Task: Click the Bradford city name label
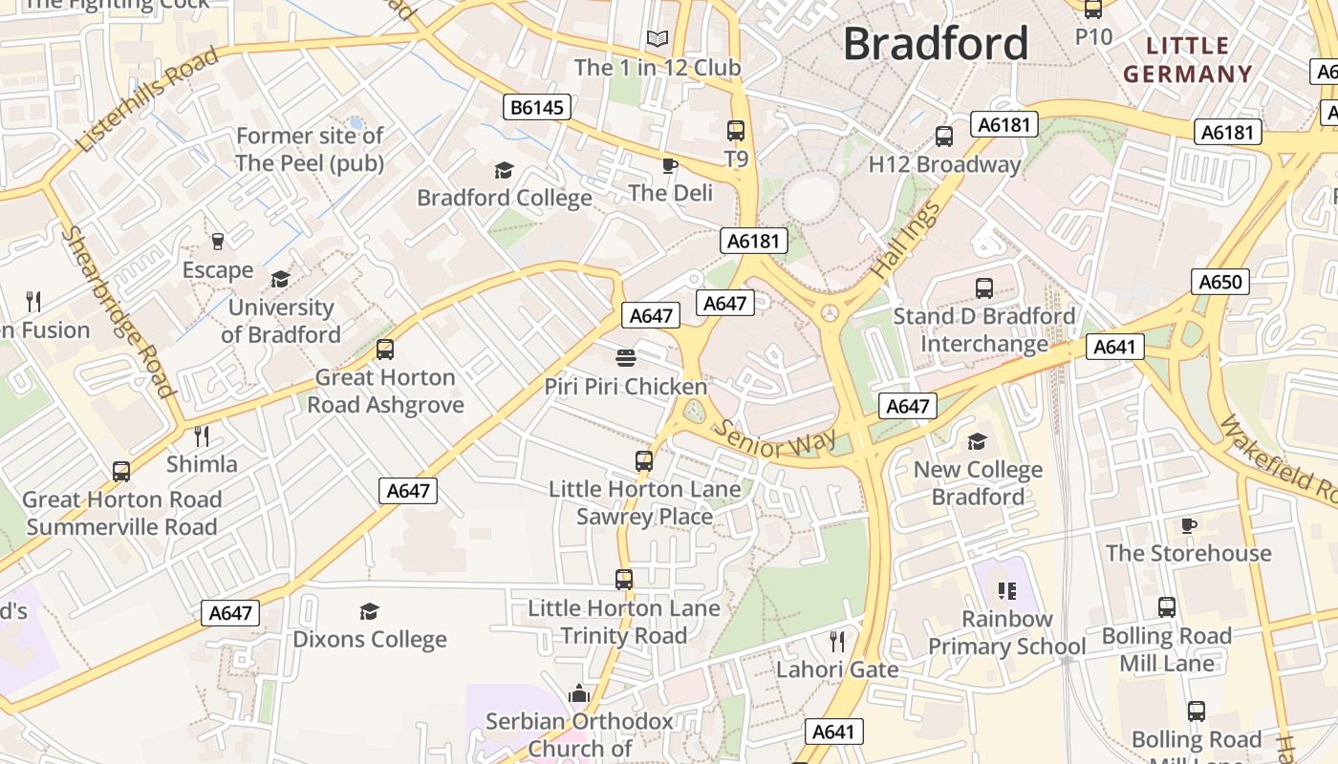point(936,44)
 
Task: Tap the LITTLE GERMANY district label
point(1187,59)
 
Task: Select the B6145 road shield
point(537,107)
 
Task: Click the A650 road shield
point(1220,282)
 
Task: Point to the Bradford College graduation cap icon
point(504,171)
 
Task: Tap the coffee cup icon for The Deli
point(670,166)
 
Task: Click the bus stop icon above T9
point(735,131)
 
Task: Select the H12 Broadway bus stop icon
point(944,137)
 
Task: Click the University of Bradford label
point(281,321)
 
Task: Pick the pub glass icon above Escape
point(218,242)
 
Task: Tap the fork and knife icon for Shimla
point(202,436)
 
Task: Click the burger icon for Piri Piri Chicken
point(626,359)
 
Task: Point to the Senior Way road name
point(775,440)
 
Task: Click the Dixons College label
point(370,639)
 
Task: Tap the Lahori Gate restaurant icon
point(837,641)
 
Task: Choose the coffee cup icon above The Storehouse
point(1188,525)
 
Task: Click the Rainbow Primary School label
point(1006,632)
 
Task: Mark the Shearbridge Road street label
point(119,311)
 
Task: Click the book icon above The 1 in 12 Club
point(657,39)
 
